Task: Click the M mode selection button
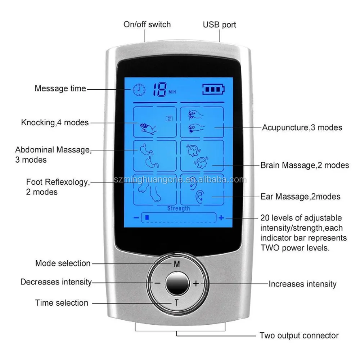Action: coord(177,264)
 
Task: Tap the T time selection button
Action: coord(177,303)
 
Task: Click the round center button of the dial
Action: coord(177,283)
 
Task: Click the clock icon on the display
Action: coord(138,90)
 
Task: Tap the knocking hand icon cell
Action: coord(155,122)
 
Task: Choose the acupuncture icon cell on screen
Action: coord(202,122)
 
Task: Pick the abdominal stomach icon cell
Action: coord(155,155)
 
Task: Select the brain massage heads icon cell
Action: coord(202,155)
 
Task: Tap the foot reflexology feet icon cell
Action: coord(155,189)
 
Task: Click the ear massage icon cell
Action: coord(202,189)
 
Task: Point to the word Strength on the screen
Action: coord(179,208)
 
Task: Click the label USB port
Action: coord(220,25)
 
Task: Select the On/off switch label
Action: coord(147,24)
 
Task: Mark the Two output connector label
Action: coord(299,336)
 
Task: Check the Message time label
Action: coord(60,88)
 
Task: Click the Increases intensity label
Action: coord(302,284)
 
